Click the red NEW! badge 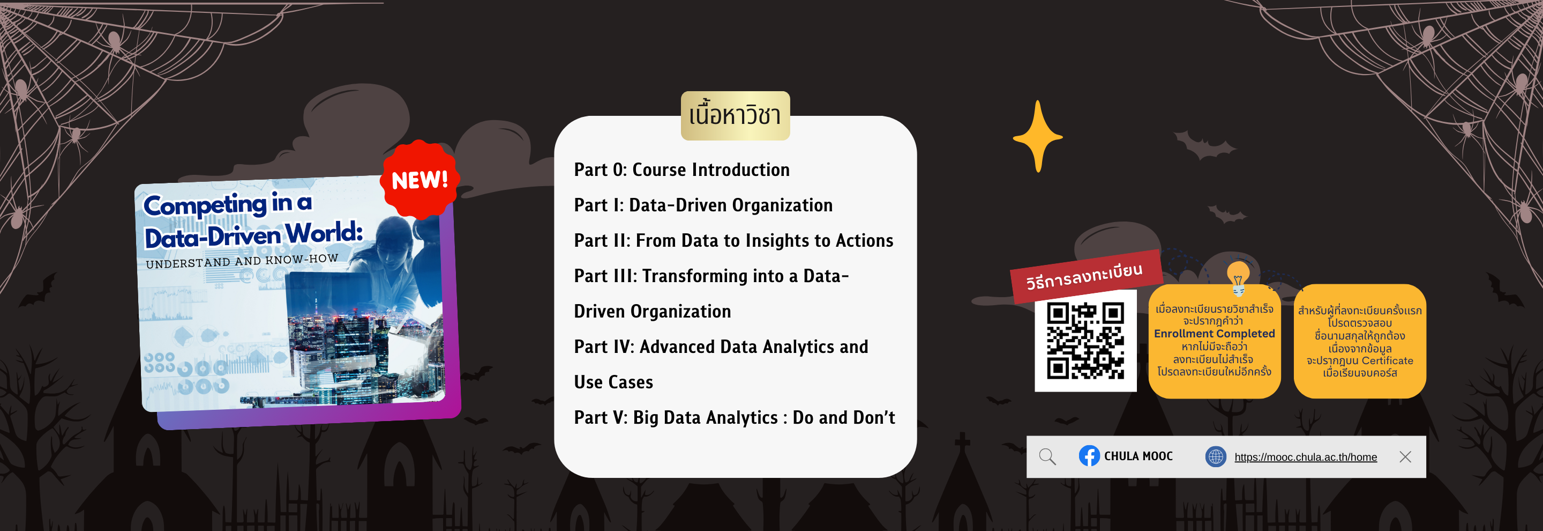pos(420,180)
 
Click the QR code pos(1085,341)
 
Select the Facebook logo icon pos(1089,456)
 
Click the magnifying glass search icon pos(1047,456)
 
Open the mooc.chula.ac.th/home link pos(1305,458)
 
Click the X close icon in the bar pos(1405,456)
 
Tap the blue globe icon pos(1215,456)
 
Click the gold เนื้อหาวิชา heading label pos(735,116)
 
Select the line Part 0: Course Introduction pos(681,169)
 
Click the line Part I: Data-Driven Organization pos(703,205)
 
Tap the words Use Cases pos(613,382)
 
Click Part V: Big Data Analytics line pos(735,417)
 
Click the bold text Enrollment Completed pos(1214,334)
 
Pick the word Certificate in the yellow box pos(1387,361)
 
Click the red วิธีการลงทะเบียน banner pos(1085,276)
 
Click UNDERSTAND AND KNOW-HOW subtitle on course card pos(242,261)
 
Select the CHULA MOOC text pos(1138,456)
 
